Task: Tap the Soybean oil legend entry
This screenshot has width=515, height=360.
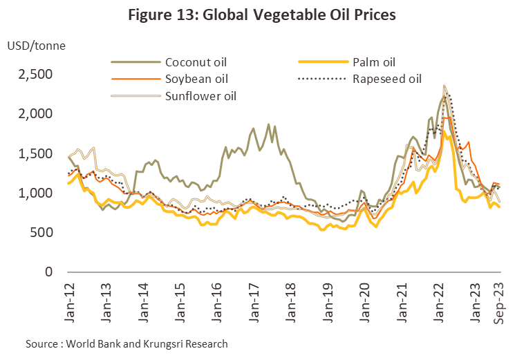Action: [196, 79]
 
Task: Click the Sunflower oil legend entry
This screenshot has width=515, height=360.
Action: [200, 95]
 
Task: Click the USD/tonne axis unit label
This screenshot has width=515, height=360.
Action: [34, 46]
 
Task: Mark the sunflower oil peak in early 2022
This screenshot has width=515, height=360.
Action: [444, 86]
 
